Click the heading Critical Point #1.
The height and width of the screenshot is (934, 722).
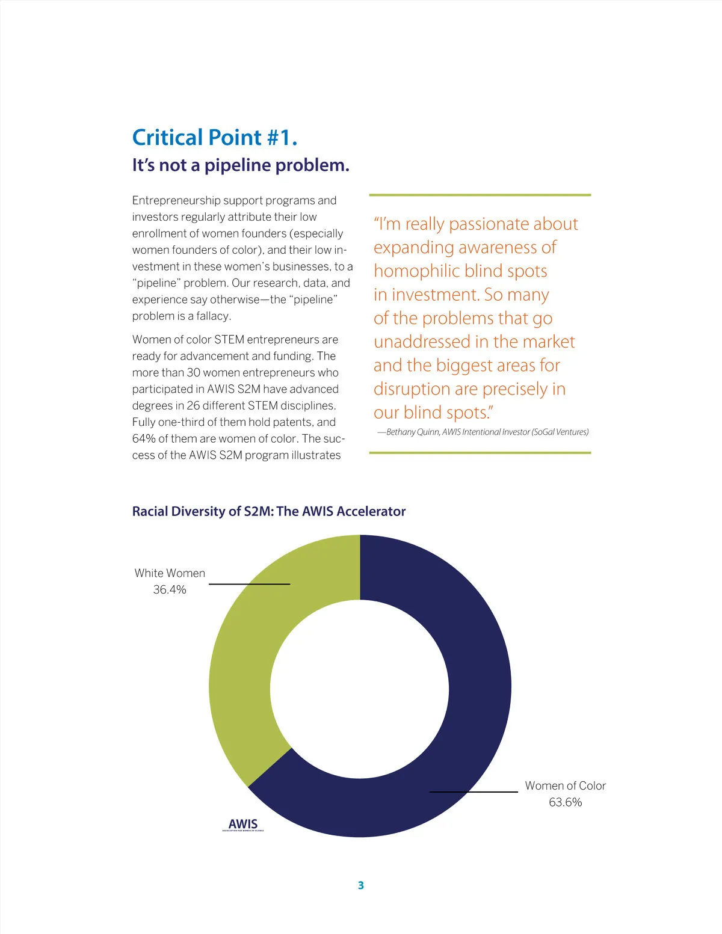(x=214, y=138)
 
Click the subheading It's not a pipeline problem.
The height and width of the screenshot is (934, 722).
(x=241, y=165)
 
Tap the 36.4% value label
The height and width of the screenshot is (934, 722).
(x=170, y=590)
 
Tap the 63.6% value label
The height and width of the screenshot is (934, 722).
(x=565, y=802)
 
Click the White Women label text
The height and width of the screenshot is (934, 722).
(x=170, y=573)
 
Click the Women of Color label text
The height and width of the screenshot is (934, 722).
(x=565, y=785)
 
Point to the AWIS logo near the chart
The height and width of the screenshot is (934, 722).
(x=243, y=825)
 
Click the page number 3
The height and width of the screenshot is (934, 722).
(x=361, y=885)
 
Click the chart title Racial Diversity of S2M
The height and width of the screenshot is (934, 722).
(x=268, y=511)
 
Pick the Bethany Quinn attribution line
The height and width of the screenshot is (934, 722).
(x=483, y=432)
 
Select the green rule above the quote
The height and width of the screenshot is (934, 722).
(x=480, y=195)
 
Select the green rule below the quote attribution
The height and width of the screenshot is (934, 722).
(x=480, y=453)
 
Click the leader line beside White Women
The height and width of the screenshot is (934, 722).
(x=249, y=584)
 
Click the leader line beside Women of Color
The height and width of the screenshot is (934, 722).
(x=473, y=792)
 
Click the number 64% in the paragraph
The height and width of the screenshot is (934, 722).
(x=144, y=438)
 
